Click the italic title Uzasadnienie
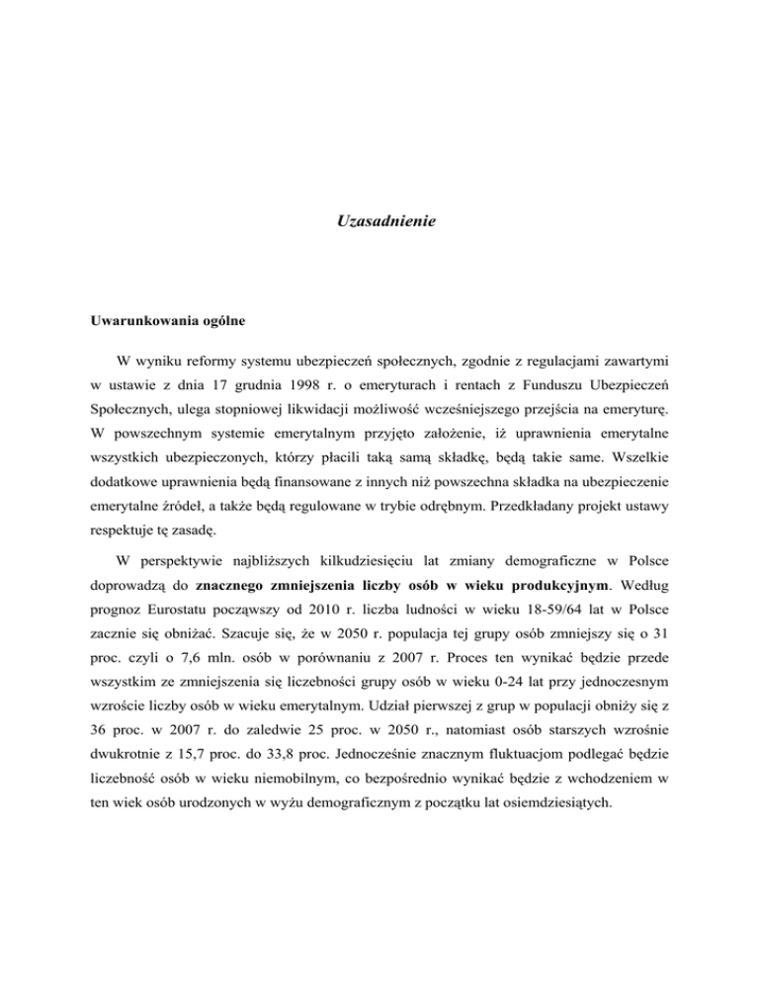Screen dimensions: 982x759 pyautogui.click(x=379, y=224)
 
